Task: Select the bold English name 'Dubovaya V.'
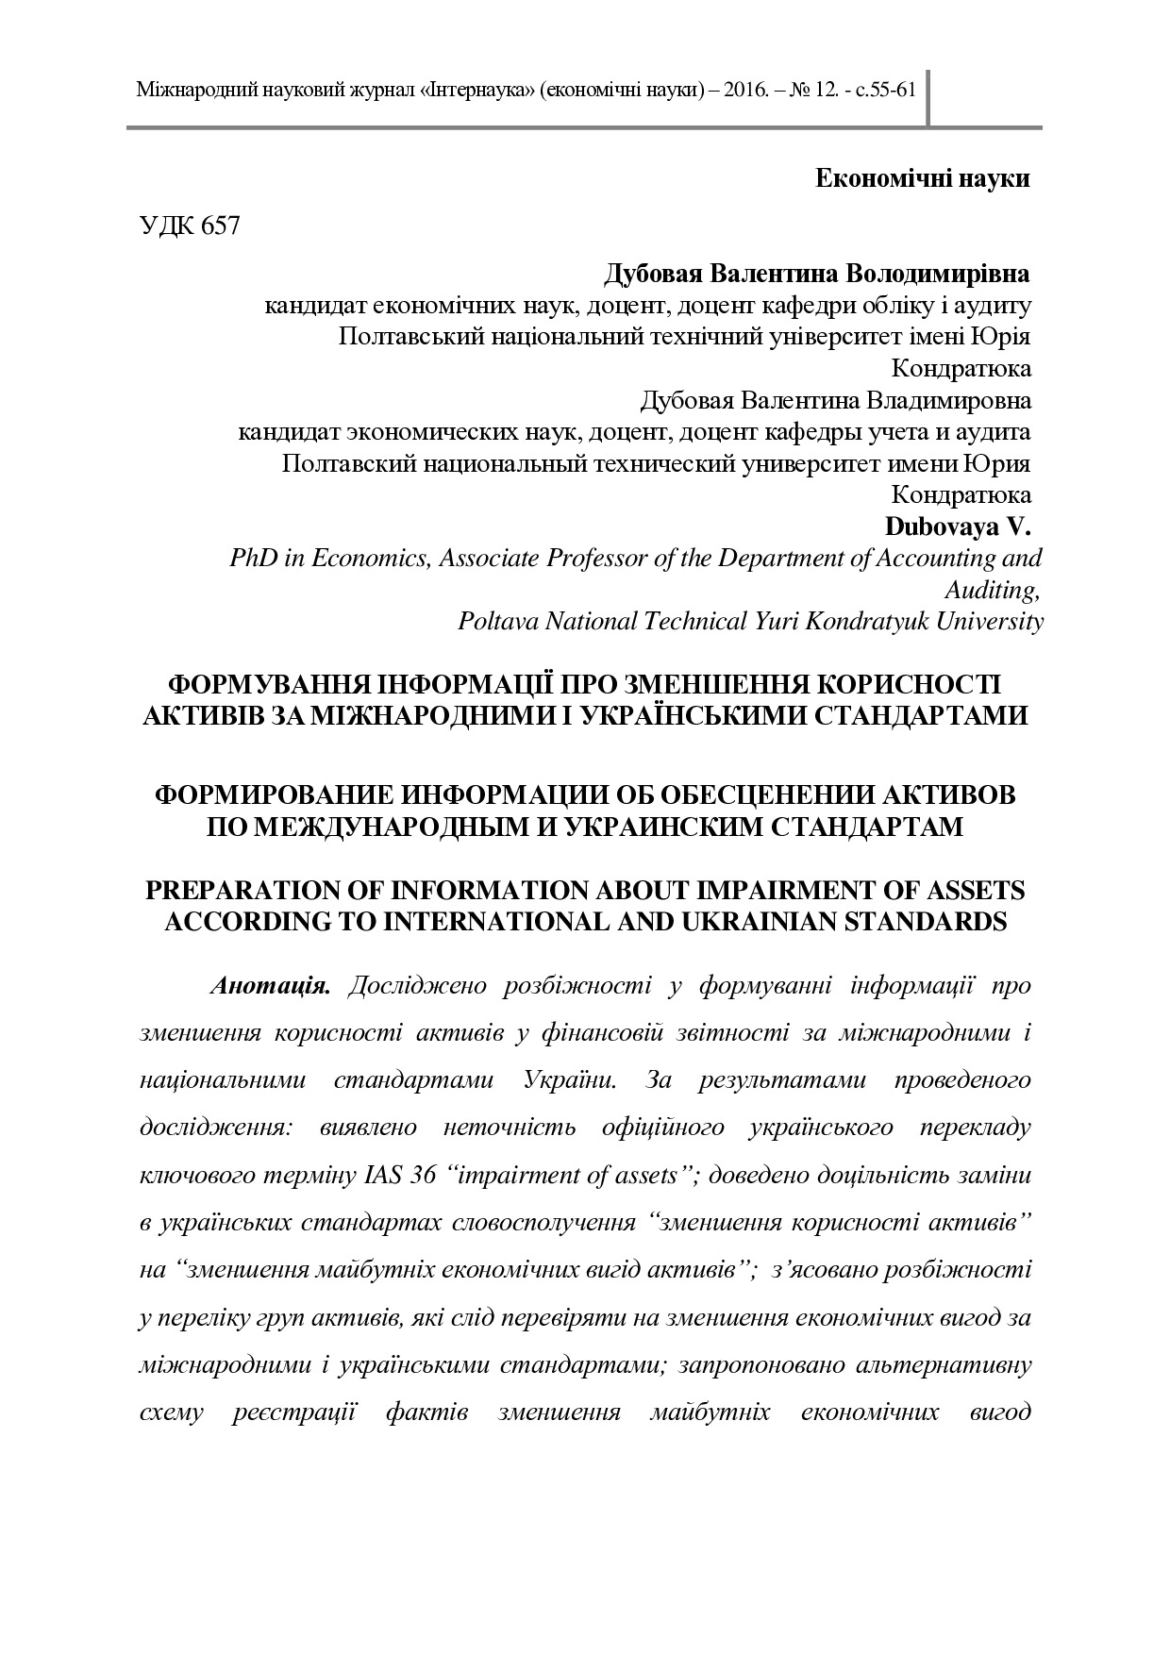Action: click(957, 526)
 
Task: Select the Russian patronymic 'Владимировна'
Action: click(949, 400)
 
